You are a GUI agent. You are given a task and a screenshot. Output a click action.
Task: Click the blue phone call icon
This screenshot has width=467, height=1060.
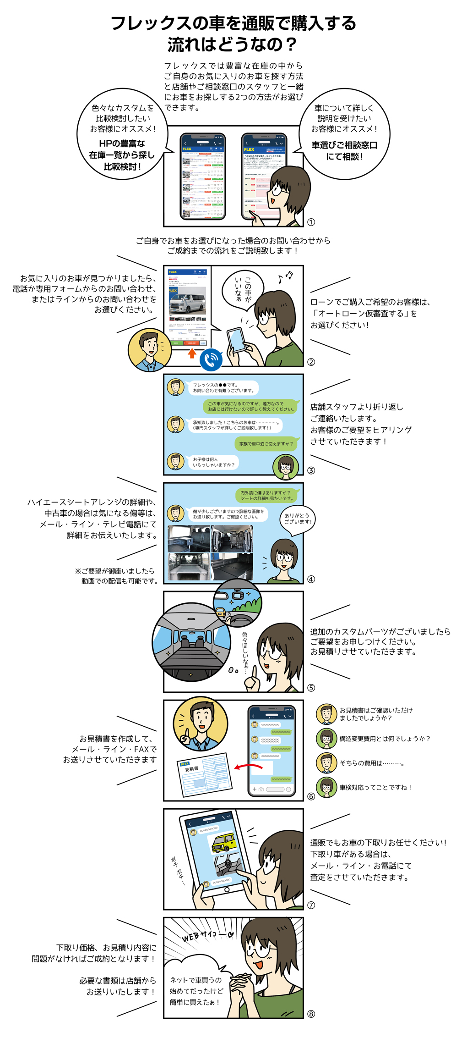[x=211, y=359]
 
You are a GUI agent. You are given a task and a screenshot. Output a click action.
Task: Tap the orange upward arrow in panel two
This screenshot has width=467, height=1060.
[x=192, y=353]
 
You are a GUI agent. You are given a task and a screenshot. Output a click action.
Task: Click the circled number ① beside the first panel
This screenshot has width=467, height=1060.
[x=311, y=222]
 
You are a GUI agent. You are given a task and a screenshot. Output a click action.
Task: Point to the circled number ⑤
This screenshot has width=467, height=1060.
[x=311, y=688]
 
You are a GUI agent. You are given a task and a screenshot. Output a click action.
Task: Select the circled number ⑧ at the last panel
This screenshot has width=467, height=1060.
[x=311, y=1014]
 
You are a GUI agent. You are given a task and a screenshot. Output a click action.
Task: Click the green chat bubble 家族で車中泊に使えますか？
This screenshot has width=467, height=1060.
[x=266, y=444]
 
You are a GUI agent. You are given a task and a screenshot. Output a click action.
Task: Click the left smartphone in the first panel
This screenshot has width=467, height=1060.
[x=203, y=177]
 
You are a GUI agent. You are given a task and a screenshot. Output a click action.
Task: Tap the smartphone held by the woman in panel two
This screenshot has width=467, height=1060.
[x=236, y=340]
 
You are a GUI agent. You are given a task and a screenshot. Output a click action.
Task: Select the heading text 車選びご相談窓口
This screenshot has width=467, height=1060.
[x=344, y=145]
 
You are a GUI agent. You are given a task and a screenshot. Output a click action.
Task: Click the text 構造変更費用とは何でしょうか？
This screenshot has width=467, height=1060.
[x=385, y=739]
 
